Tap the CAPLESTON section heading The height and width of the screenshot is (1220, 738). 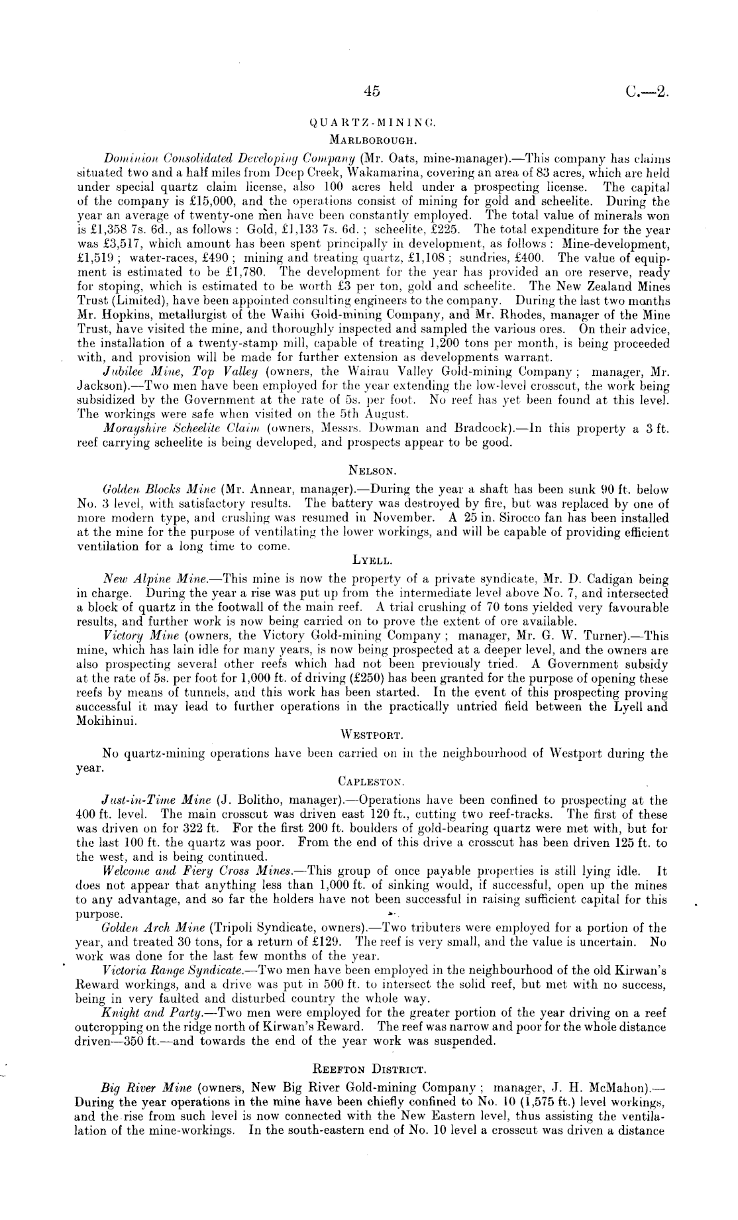(x=371, y=783)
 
